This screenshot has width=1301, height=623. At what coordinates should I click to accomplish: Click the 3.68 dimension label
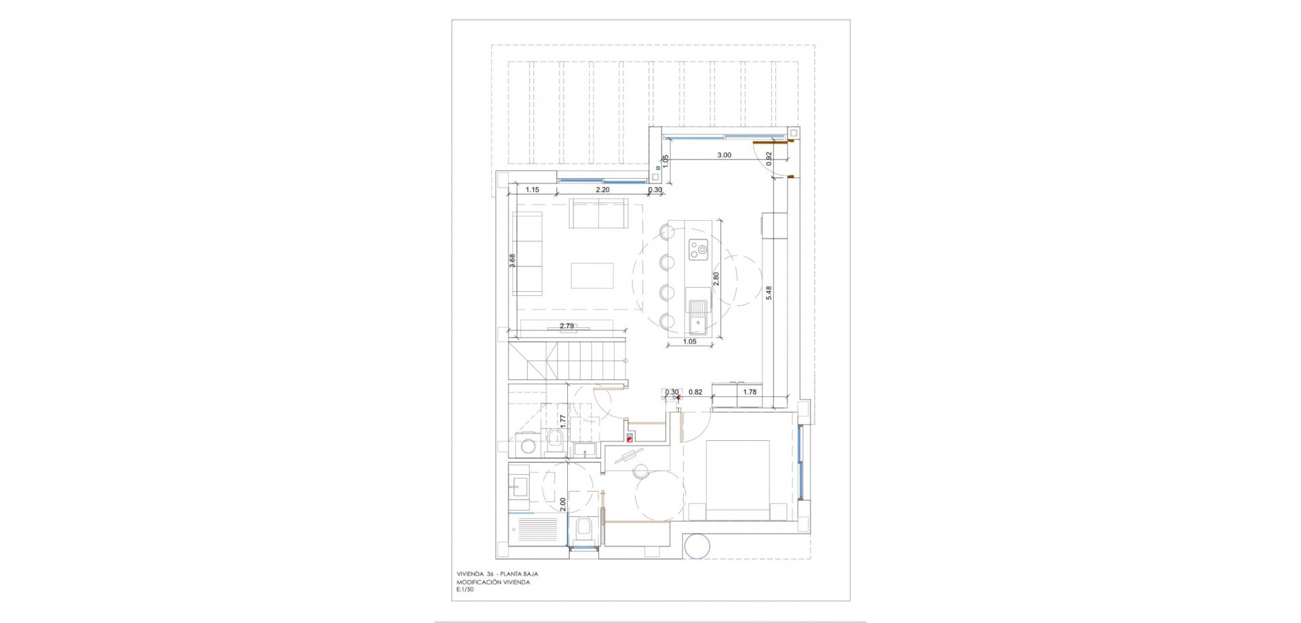coord(512,261)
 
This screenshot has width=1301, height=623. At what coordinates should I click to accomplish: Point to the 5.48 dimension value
coord(768,293)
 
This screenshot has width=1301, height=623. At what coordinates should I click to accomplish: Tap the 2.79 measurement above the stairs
coord(566,326)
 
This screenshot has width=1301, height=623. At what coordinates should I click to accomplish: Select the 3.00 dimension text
coord(724,155)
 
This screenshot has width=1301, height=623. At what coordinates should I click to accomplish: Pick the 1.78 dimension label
coord(749,392)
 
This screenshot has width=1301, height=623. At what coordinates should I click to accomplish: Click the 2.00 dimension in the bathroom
coord(563,504)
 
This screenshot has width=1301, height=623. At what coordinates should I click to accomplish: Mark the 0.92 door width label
coord(769,158)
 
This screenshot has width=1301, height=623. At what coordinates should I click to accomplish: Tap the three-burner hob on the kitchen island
coord(699,250)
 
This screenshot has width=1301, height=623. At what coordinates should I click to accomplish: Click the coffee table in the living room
coord(592,276)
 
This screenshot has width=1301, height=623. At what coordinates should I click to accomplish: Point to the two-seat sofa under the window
coord(598,213)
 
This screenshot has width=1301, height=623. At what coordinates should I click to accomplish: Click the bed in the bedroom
coord(737,480)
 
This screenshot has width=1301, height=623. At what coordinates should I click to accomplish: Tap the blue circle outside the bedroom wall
coord(698,546)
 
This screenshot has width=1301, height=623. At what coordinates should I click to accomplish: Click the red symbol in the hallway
coord(630,437)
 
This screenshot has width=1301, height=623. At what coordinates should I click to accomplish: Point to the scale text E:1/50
coord(466,590)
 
